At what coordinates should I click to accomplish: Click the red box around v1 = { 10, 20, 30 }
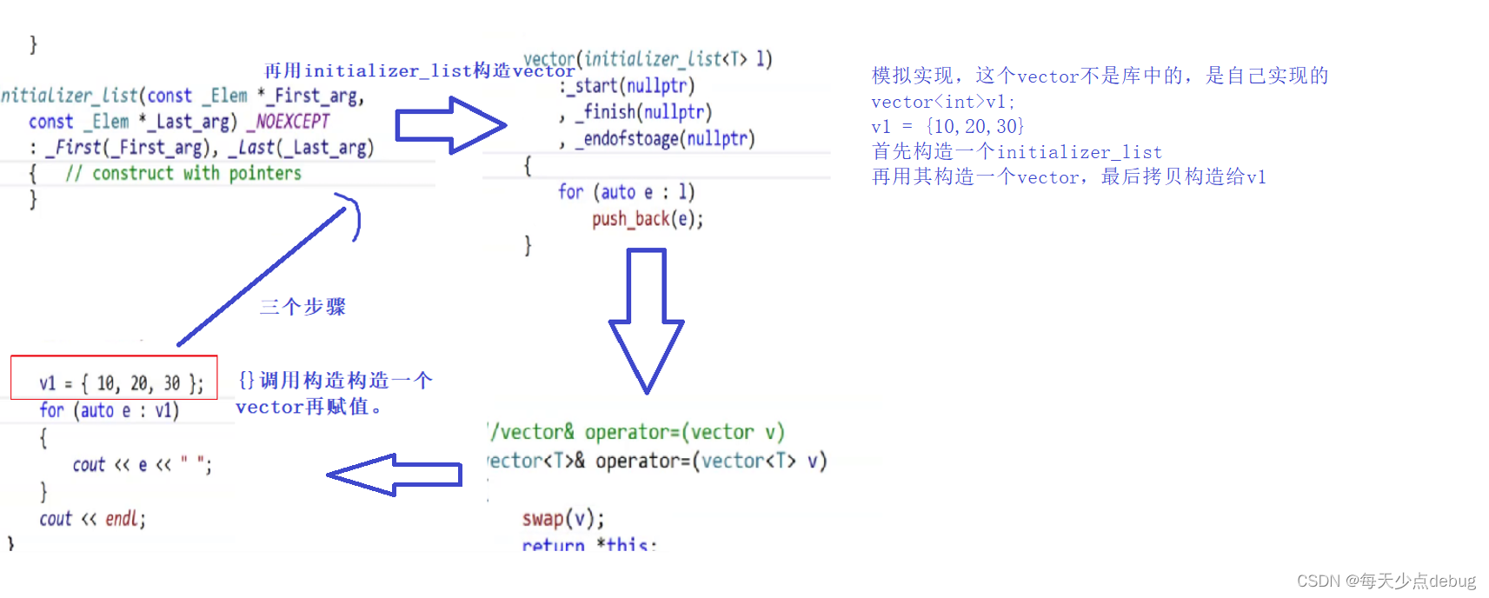(114, 377)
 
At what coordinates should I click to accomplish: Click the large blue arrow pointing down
(647, 322)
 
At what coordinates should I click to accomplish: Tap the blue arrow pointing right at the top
(449, 126)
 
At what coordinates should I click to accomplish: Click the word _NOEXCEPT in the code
(289, 122)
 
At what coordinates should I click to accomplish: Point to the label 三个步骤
(302, 307)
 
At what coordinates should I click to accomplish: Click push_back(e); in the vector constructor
(648, 219)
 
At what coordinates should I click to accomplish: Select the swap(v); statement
(562, 519)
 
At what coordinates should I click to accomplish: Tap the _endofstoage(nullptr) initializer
(665, 139)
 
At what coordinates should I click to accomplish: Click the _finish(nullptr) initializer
(648, 112)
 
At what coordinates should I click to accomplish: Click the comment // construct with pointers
(183, 174)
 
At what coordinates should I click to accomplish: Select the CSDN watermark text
(1386, 581)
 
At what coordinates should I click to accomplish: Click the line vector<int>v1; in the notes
(943, 102)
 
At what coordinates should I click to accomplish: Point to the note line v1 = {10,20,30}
(947, 127)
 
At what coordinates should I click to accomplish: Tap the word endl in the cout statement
(121, 519)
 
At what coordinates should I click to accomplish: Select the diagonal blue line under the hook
(261, 276)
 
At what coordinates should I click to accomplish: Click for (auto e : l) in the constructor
(626, 192)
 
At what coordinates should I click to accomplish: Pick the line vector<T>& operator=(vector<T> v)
(657, 461)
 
